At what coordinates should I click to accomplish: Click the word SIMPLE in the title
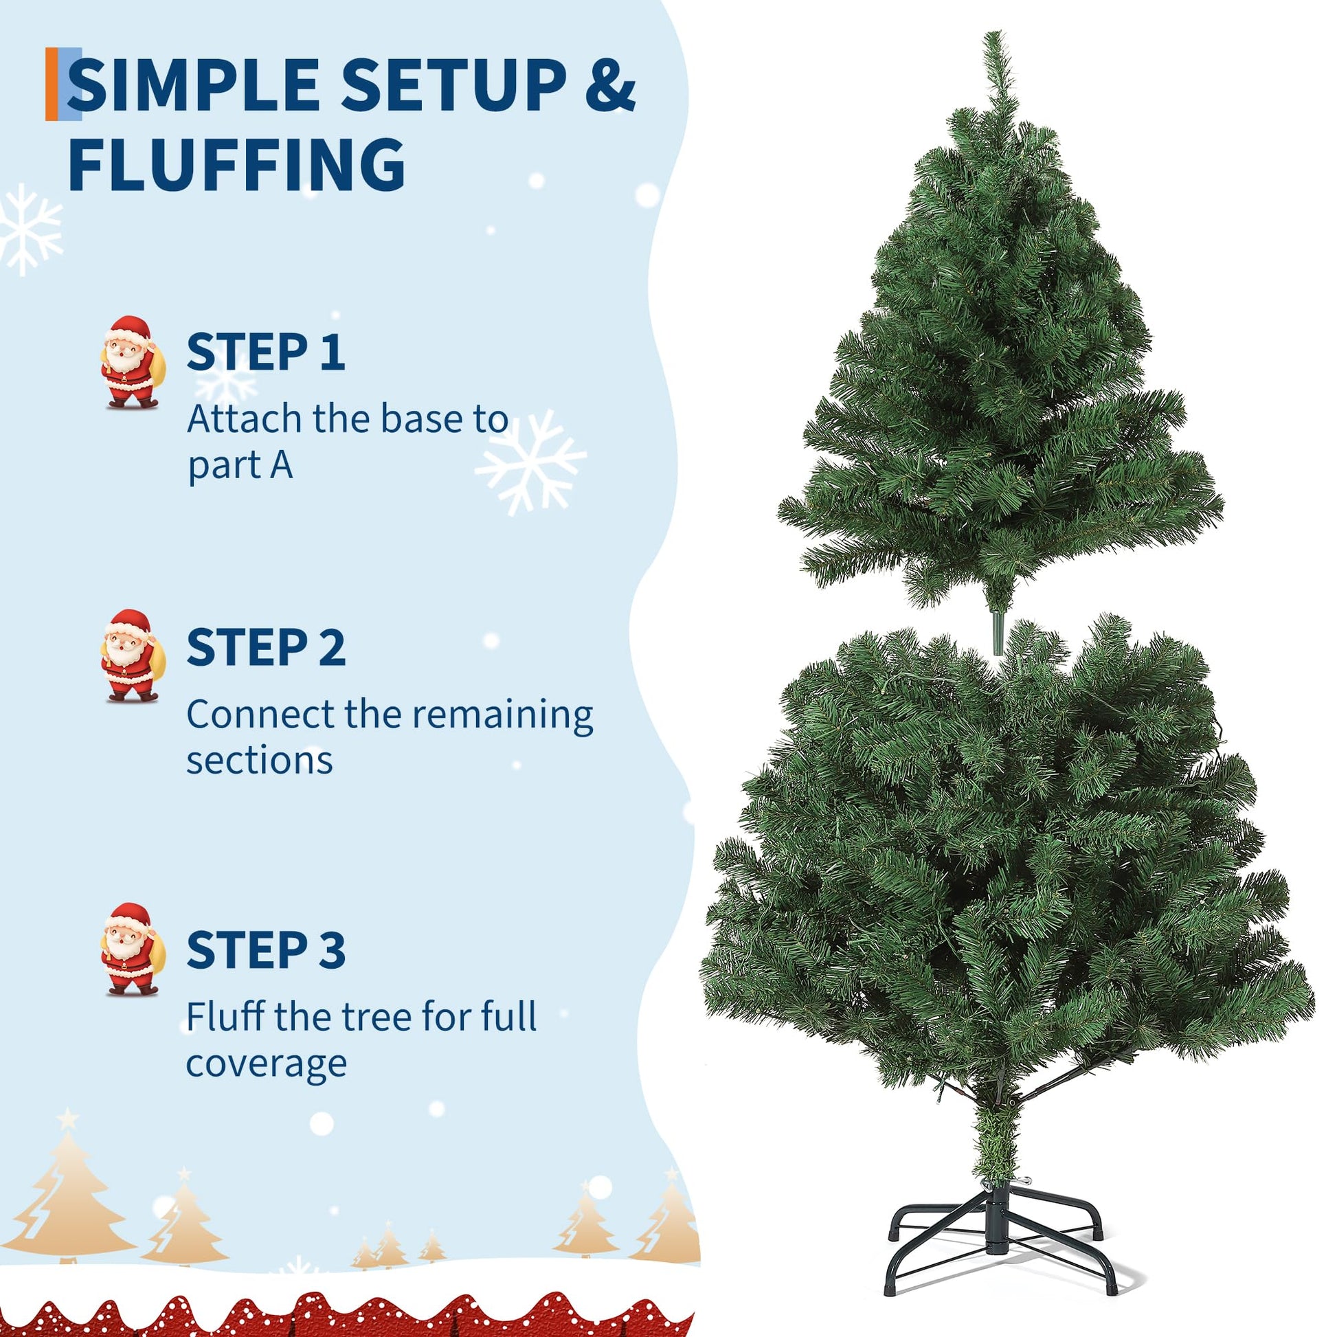point(192,85)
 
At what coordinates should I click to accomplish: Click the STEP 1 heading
point(265,352)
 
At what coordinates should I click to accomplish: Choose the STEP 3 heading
point(266,950)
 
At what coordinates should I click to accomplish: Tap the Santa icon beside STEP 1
point(132,362)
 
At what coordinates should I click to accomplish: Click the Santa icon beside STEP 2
point(132,655)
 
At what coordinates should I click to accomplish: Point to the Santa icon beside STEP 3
point(132,949)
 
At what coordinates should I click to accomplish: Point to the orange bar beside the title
point(52,84)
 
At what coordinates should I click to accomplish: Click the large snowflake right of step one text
point(531,462)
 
